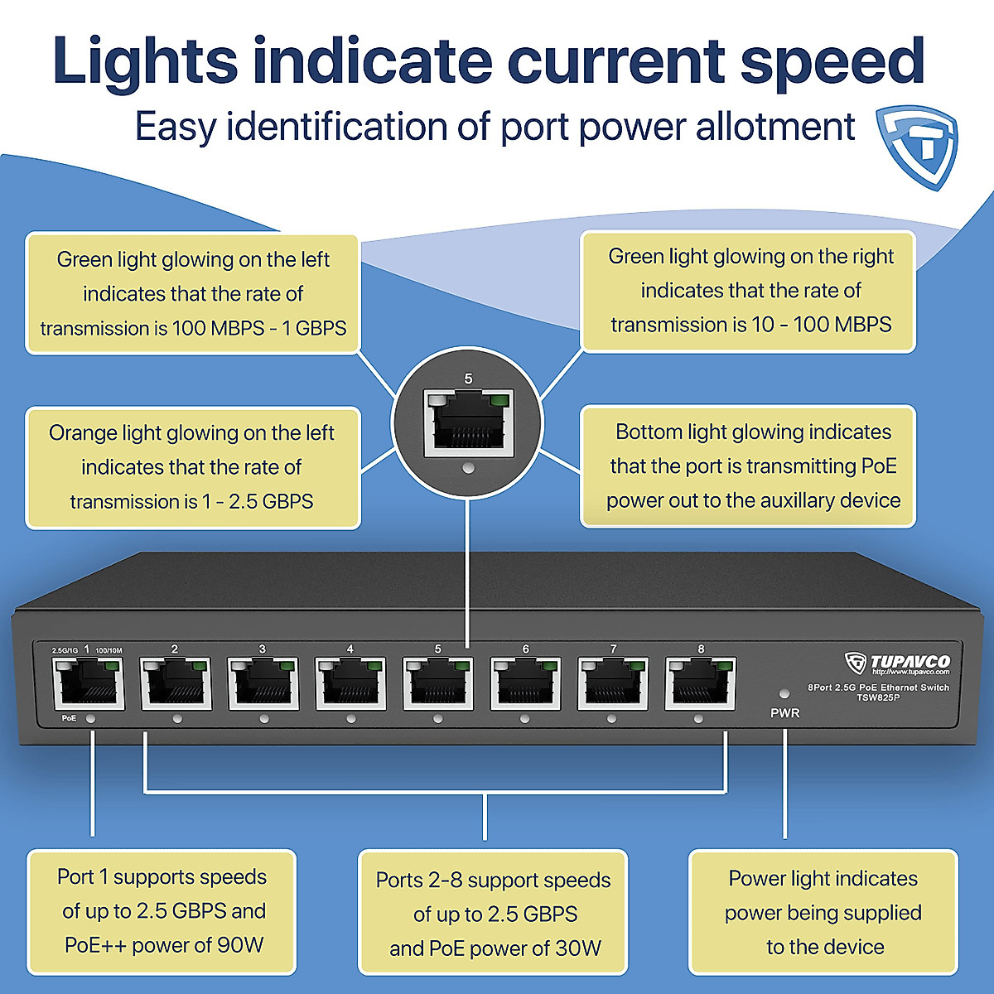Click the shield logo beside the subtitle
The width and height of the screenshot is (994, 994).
918,146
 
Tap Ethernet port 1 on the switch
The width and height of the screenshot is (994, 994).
87,685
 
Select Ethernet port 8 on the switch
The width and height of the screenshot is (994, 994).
701,684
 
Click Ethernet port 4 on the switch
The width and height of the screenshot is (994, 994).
350,684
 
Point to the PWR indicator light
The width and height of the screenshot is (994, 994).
784,693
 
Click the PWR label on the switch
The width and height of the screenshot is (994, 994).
784,713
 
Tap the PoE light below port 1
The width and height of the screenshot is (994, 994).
90,719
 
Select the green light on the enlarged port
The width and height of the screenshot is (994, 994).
499,402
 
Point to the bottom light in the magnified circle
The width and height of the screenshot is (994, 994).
468,468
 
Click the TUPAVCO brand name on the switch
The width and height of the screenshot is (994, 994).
910,662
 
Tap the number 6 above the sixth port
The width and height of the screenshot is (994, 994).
525,649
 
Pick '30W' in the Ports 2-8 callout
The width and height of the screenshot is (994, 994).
578,948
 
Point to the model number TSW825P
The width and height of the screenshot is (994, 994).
878,697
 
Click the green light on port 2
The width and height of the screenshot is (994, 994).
198,665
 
